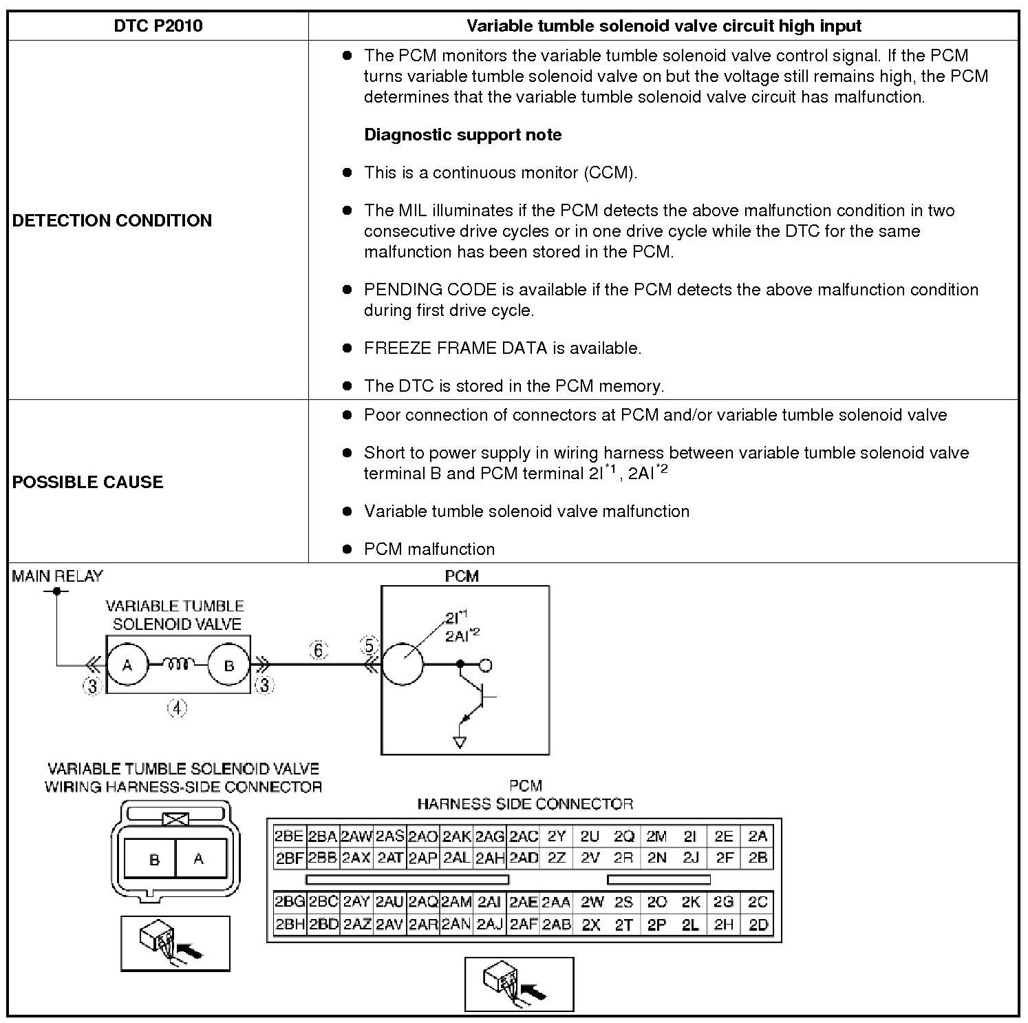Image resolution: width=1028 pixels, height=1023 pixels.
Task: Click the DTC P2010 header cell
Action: tap(158, 26)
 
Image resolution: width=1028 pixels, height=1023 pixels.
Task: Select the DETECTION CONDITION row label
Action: tap(112, 220)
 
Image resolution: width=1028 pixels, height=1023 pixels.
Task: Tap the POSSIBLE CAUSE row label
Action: tap(88, 482)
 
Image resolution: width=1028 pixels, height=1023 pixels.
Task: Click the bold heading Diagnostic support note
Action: tap(462, 135)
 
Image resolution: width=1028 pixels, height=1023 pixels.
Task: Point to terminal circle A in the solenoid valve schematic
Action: tap(127, 665)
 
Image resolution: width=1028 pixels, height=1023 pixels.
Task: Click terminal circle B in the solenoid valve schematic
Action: tap(229, 665)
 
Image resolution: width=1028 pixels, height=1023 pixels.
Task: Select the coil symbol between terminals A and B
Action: tap(178, 664)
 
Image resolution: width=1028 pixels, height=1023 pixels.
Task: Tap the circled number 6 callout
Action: tap(319, 650)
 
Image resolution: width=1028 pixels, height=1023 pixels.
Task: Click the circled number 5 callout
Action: tap(370, 646)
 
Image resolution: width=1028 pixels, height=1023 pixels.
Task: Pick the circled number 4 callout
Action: tap(178, 708)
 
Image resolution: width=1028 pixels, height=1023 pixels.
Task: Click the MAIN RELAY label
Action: tap(57, 576)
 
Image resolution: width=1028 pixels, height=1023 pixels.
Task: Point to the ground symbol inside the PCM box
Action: tap(460, 741)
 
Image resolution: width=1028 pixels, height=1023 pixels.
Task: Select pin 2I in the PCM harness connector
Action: tap(690, 836)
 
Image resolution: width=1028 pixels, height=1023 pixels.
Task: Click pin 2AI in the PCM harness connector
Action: tap(489, 903)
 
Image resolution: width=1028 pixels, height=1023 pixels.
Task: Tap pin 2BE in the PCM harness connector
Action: tap(289, 836)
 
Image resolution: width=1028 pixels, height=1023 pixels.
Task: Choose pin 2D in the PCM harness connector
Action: tap(758, 925)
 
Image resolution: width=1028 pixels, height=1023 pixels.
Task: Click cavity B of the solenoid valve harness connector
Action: tap(154, 859)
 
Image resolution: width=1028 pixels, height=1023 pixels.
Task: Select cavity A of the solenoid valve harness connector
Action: tap(199, 858)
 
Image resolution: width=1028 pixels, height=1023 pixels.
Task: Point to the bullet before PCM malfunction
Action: tap(347, 549)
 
